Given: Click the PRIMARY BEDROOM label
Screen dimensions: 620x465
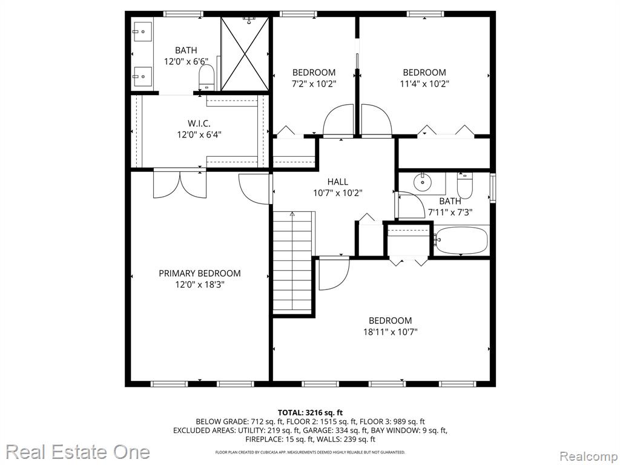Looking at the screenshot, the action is coord(200,273).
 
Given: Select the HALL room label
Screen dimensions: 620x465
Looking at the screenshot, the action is coord(338,182).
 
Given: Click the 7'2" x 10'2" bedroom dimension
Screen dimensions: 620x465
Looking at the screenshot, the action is coord(314,84).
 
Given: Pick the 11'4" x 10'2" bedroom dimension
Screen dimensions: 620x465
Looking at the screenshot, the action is coord(424,84).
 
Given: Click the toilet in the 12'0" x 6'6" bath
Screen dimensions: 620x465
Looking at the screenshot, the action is coord(206,77).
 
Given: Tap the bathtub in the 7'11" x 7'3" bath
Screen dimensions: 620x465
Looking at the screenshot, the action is coord(461,240).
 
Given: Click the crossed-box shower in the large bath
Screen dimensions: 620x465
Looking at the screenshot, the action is coord(245,54).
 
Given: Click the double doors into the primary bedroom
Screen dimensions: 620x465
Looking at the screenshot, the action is coord(180,184).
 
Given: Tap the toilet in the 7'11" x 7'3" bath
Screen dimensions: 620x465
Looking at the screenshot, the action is coord(464,185).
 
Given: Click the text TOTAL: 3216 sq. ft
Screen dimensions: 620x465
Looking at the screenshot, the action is coord(310,413).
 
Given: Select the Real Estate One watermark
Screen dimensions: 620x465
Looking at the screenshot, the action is coord(78,452).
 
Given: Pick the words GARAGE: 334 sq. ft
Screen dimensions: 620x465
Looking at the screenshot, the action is coord(352,430).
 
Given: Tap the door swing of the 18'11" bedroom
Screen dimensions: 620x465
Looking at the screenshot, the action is coord(334,273).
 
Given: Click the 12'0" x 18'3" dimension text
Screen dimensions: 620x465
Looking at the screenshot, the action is coord(200,285).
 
